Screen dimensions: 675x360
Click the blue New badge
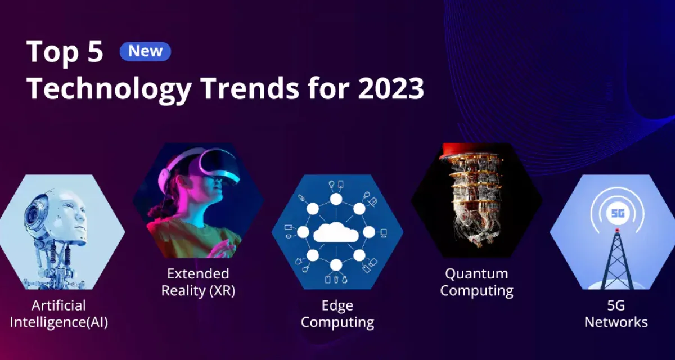click(x=145, y=51)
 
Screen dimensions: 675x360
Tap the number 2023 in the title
click(x=391, y=88)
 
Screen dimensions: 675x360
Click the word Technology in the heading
click(x=109, y=89)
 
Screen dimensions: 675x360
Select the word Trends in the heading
click(x=251, y=88)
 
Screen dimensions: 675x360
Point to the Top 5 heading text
click(x=65, y=52)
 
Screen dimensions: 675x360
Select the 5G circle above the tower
click(x=618, y=213)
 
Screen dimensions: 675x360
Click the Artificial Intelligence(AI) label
click(x=58, y=314)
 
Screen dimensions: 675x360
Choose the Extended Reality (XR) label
click(x=198, y=282)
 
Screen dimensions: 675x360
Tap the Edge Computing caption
click(x=337, y=314)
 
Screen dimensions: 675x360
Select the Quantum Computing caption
click(x=477, y=282)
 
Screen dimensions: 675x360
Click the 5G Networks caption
click(x=616, y=314)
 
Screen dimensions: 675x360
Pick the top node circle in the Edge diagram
click(x=336, y=199)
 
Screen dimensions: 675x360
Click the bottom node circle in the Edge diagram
click(x=336, y=265)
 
